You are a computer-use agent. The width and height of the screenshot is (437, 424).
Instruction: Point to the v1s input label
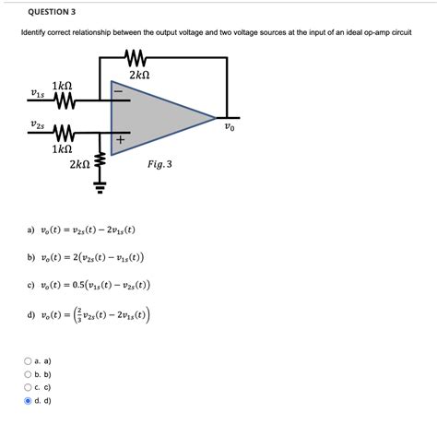[x=38, y=93]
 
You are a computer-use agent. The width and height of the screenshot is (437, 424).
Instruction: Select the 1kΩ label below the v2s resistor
[x=62, y=147]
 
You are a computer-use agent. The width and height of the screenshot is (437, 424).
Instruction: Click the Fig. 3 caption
[x=159, y=165]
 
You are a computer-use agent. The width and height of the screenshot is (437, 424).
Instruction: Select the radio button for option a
[x=29, y=362]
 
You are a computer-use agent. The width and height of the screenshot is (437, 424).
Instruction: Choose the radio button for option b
[x=29, y=375]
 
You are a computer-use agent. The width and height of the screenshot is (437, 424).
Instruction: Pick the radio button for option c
[x=29, y=388]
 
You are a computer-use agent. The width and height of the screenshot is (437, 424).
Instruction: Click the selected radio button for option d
[x=29, y=401]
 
